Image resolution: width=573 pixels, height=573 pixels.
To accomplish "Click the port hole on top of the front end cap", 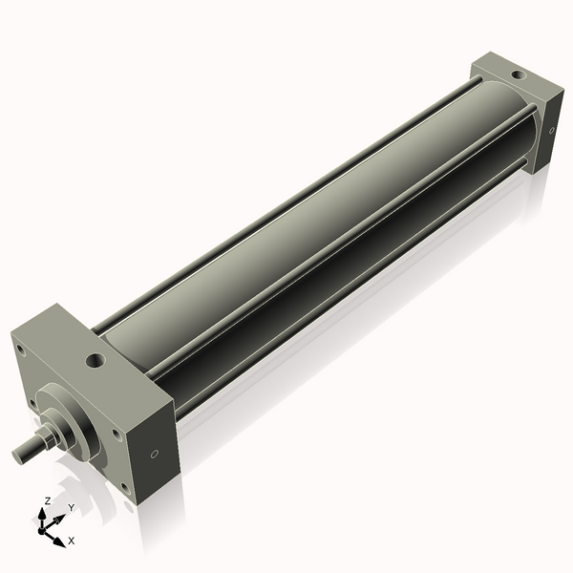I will tap(95, 361).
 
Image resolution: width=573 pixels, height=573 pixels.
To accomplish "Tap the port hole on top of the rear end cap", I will tap(516, 73).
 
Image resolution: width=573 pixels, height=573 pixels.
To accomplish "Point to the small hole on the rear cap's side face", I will tap(552, 133).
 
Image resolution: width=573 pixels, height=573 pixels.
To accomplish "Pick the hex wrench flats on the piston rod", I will tap(44, 439).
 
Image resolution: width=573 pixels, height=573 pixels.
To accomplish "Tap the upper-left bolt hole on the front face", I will tap(19, 350).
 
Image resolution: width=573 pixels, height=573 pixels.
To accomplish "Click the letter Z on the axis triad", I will tap(48, 500).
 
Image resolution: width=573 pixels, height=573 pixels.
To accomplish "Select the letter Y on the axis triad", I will tap(70, 506).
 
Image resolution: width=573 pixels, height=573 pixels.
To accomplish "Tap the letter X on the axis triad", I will tap(71, 541).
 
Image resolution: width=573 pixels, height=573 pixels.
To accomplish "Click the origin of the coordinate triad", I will tap(45, 526).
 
